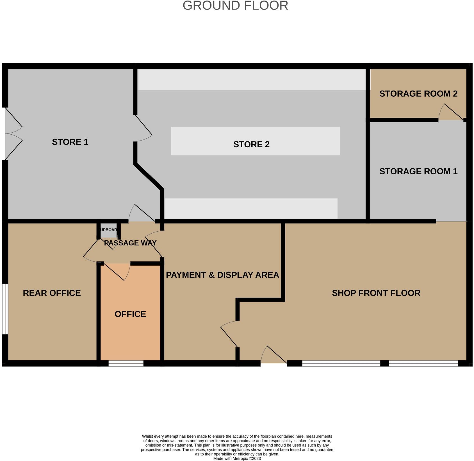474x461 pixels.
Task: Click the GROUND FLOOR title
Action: [235, 6]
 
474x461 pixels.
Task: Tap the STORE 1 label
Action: [70, 142]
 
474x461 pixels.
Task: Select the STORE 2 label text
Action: [251, 144]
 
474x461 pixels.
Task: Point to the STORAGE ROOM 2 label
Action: [418, 94]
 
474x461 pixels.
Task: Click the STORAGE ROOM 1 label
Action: [418, 171]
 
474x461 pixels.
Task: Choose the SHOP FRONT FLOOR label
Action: [376, 293]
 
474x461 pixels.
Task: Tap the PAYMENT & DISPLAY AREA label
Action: [222, 275]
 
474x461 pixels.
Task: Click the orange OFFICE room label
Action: [130, 314]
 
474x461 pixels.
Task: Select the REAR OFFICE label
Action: [52, 293]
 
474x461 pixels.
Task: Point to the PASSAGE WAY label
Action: [130, 243]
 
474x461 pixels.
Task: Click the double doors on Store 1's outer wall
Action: [13, 134]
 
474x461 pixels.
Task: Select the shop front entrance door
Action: [274, 356]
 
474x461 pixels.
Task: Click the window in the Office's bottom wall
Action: [126, 363]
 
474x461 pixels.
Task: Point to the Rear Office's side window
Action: [5, 309]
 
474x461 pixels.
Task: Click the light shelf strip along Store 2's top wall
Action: [252, 80]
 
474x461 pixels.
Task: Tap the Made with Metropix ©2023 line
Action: [237, 458]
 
